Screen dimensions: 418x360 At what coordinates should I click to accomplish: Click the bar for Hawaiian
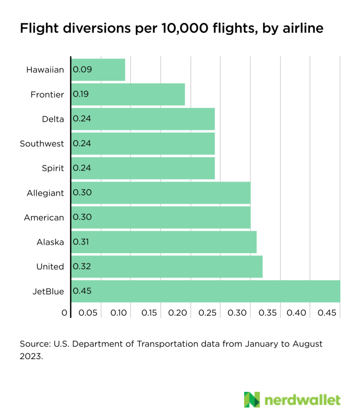click(x=98, y=70)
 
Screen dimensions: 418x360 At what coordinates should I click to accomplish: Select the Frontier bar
click(x=128, y=94)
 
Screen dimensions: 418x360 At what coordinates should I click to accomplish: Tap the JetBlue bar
click(x=206, y=291)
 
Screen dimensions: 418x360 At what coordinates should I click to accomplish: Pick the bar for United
click(x=167, y=266)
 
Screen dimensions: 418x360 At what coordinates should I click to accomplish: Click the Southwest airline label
click(x=42, y=144)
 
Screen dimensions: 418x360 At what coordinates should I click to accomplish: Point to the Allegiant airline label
click(x=45, y=193)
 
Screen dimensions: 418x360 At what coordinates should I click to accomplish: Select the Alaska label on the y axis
click(x=50, y=242)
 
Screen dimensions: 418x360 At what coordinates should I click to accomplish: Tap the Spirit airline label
click(x=52, y=168)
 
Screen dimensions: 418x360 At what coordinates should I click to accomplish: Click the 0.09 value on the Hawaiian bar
click(x=82, y=70)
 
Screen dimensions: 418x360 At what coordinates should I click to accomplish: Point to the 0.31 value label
click(x=81, y=242)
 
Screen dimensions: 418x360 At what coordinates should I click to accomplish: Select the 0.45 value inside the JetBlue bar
click(x=82, y=291)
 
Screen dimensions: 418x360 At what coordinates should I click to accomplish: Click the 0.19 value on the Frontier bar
click(x=81, y=94)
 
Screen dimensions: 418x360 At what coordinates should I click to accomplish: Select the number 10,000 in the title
click(x=178, y=28)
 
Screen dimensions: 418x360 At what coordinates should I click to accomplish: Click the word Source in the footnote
click(x=34, y=344)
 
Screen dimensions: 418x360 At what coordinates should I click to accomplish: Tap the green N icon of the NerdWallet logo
click(x=252, y=399)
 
